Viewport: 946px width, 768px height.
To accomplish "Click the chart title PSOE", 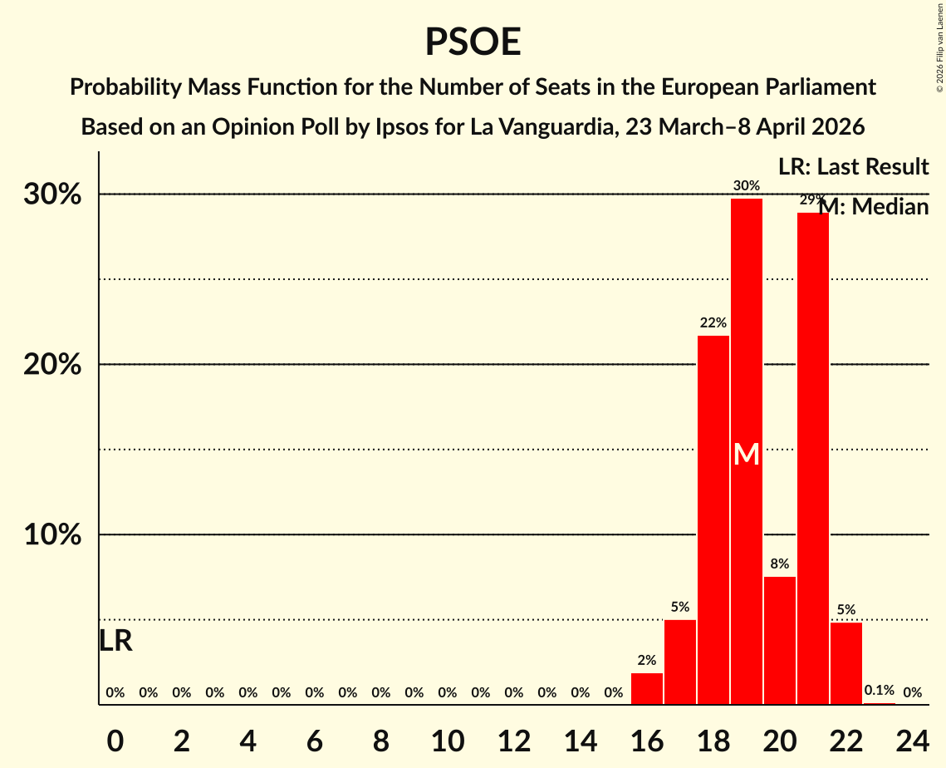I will pyautogui.click(x=473, y=42).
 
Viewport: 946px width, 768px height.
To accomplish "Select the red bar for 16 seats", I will pyautogui.click(x=647, y=689).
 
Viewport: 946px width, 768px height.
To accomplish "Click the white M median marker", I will pyautogui.click(x=747, y=455).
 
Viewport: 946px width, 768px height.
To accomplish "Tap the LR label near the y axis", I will pyautogui.click(x=115, y=641).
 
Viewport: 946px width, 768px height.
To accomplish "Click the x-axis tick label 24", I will pyautogui.click(x=913, y=737).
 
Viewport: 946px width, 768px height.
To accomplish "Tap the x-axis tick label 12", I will pyautogui.click(x=514, y=737).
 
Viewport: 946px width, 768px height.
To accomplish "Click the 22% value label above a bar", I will pyautogui.click(x=713, y=322).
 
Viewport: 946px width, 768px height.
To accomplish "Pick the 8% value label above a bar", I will pyautogui.click(x=780, y=564).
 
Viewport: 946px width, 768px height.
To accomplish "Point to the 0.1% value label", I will pyautogui.click(x=880, y=691).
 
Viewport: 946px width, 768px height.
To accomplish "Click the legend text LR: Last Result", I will pyautogui.click(x=853, y=167).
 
